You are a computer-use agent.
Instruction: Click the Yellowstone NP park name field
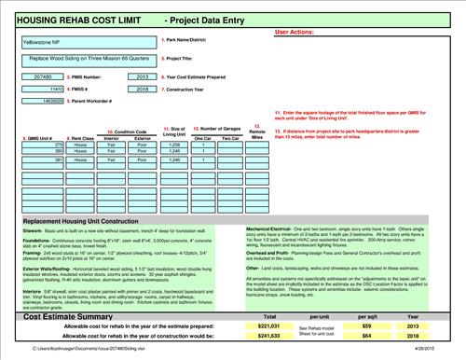[x=89, y=42]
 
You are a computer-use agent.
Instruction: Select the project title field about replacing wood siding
[x=89, y=58]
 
